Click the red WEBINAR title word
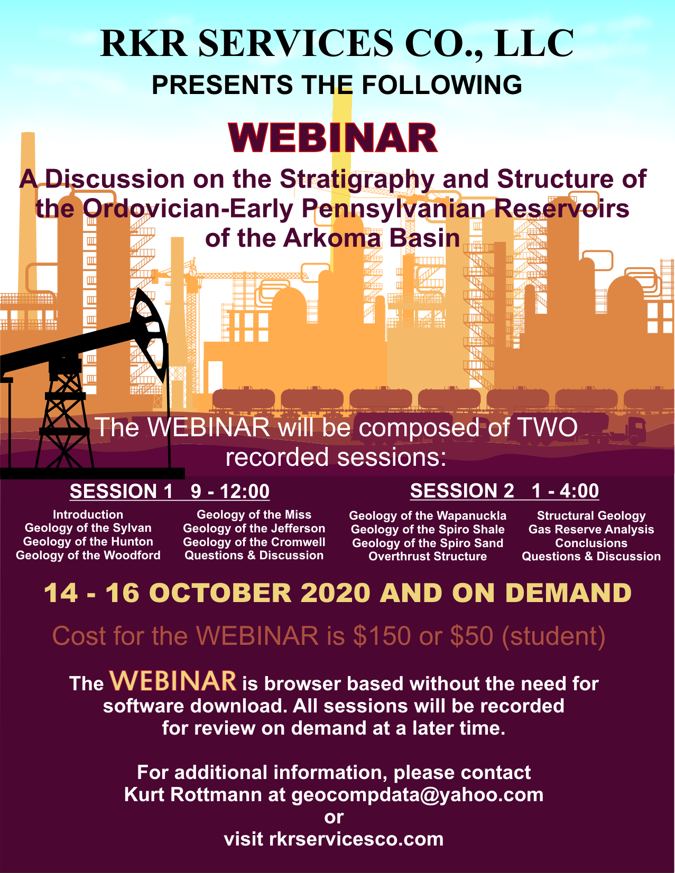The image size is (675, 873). pos(332,138)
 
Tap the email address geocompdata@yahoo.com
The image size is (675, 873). pos(417,795)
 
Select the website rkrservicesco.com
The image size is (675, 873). pos(356,839)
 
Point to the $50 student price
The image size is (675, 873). pos(471,636)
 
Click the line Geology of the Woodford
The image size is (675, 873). pos(88,555)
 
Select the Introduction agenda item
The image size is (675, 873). pos(88,514)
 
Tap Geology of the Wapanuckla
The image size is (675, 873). pos(428,515)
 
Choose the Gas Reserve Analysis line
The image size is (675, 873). pos(591,529)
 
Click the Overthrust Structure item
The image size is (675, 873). pos(428,557)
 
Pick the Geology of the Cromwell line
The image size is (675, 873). pos(254,542)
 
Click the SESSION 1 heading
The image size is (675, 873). pos(121,491)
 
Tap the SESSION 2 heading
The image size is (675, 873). pos(462,491)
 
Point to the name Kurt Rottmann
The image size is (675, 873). pos(204,794)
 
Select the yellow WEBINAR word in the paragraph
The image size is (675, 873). pos(173,681)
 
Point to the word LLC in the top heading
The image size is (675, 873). pos(534,43)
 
